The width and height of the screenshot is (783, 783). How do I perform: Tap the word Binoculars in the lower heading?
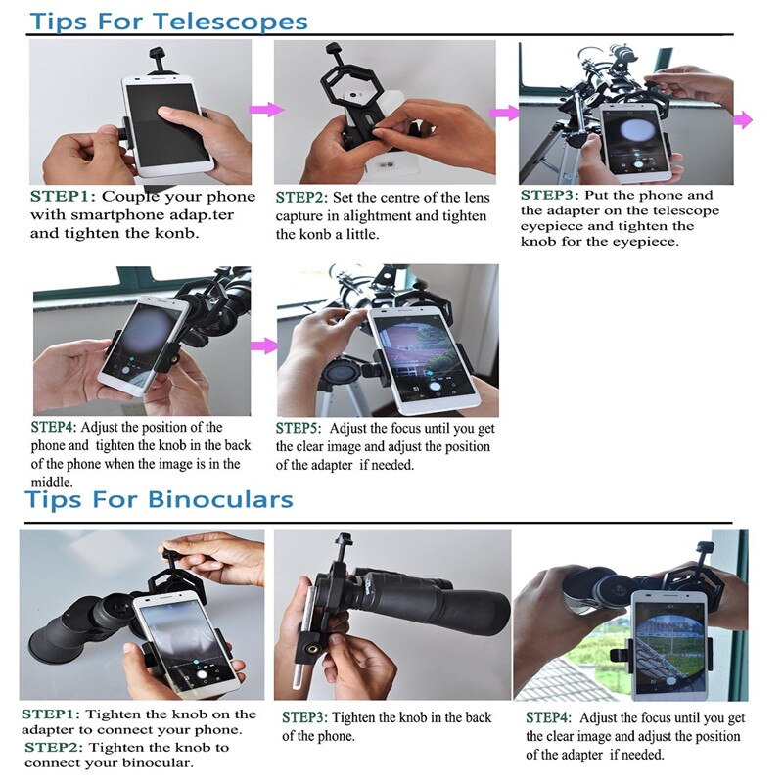(220, 500)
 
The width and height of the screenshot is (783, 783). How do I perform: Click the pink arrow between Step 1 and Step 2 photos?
(266, 110)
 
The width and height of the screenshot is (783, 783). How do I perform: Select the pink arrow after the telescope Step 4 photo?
(263, 345)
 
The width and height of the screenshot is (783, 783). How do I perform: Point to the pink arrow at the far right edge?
(743, 119)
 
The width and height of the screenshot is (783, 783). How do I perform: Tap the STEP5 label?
(299, 429)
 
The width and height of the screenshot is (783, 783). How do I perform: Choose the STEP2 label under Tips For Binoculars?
(55, 747)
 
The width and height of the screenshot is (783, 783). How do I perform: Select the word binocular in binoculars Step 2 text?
(161, 762)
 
